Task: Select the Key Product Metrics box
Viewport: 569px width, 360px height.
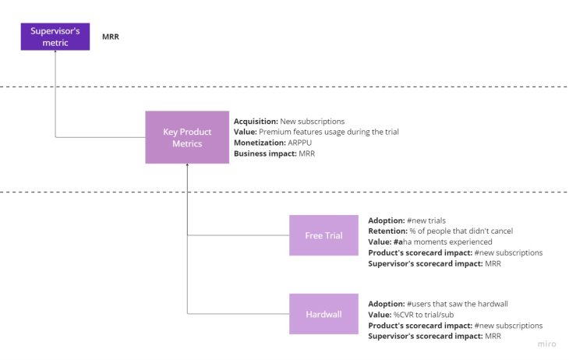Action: (187, 137)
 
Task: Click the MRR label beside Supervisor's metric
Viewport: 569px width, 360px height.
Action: (111, 37)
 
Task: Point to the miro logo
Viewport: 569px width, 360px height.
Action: (548, 344)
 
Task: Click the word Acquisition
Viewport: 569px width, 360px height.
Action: (256, 122)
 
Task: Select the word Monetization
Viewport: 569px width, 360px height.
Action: (259, 143)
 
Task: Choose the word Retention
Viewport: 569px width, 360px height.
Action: (387, 231)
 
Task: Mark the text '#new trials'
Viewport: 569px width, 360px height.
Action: (426, 221)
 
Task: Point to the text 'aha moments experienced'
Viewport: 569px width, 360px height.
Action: (447, 242)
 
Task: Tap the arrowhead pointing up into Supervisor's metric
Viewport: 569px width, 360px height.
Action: (55, 51)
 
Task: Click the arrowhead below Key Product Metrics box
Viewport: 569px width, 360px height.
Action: (187, 166)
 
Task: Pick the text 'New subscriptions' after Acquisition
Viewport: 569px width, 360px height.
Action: (313, 122)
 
